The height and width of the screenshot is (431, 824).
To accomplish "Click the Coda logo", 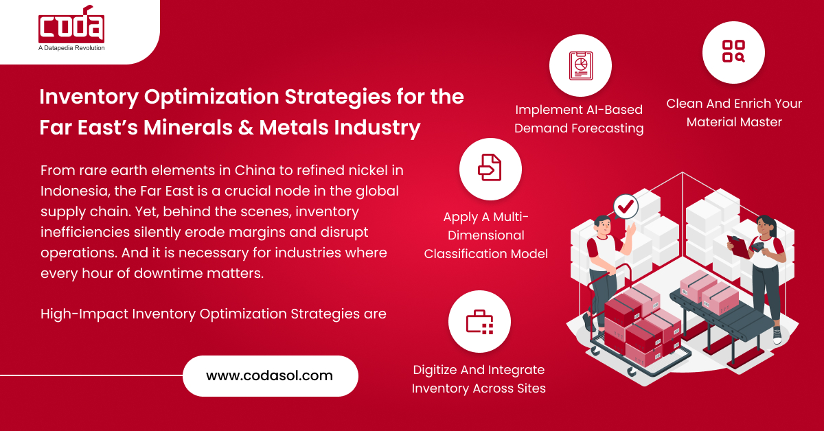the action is pyautogui.click(x=71, y=24).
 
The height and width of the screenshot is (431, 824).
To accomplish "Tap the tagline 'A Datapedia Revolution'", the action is pyautogui.click(x=71, y=48).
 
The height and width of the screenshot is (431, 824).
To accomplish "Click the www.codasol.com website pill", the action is pyautogui.click(x=271, y=376).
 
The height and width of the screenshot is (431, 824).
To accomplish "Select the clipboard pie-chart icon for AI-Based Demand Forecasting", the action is pyautogui.click(x=581, y=66).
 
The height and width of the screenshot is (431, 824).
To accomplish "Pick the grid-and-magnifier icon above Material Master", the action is pyautogui.click(x=733, y=51).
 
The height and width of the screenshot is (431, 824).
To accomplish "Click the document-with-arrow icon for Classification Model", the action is pyautogui.click(x=490, y=167).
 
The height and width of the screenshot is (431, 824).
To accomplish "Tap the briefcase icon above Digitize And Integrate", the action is pyautogui.click(x=479, y=322).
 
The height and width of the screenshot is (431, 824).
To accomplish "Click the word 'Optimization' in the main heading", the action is pyautogui.click(x=211, y=97).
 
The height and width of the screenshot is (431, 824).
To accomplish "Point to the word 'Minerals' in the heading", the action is pyautogui.click(x=188, y=127).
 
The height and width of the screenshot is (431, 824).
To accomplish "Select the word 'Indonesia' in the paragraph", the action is pyautogui.click(x=75, y=191).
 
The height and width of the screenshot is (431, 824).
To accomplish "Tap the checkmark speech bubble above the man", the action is pyautogui.click(x=626, y=207).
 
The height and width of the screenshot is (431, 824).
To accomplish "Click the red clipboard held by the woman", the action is pyautogui.click(x=738, y=246).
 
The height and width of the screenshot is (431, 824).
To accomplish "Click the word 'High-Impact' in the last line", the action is pyautogui.click(x=84, y=314).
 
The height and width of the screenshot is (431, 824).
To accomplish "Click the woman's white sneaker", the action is pyautogui.click(x=777, y=335).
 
